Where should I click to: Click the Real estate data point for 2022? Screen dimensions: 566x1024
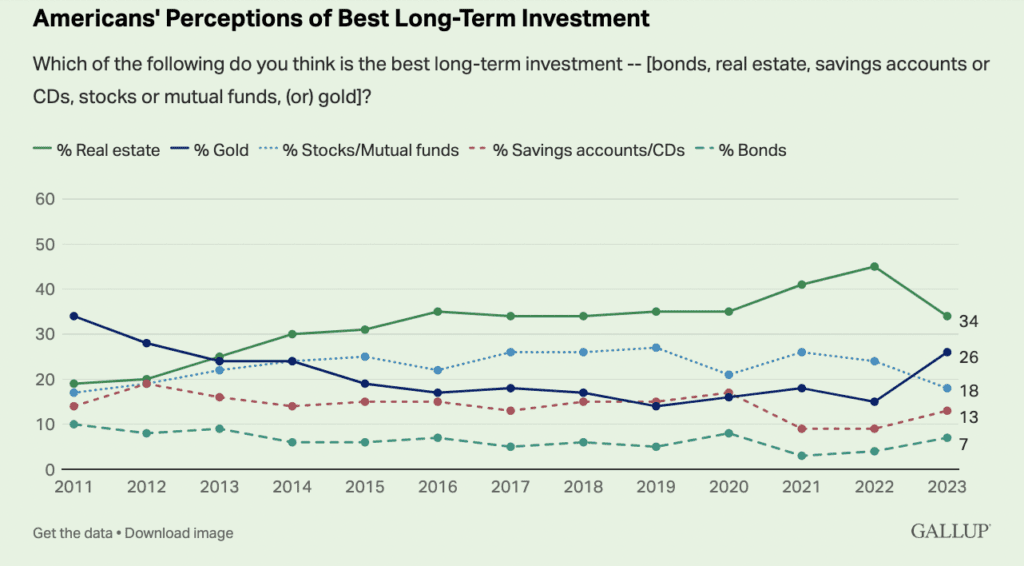pos(874,267)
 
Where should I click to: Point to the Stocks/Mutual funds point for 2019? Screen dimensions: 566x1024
pos(656,348)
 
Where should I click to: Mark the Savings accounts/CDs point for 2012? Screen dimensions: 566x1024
pos(146,384)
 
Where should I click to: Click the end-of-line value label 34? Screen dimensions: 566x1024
pos(969,321)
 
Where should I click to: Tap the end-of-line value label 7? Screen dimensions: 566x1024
pos(964,443)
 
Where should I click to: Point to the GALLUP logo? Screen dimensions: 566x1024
pos(949,532)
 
